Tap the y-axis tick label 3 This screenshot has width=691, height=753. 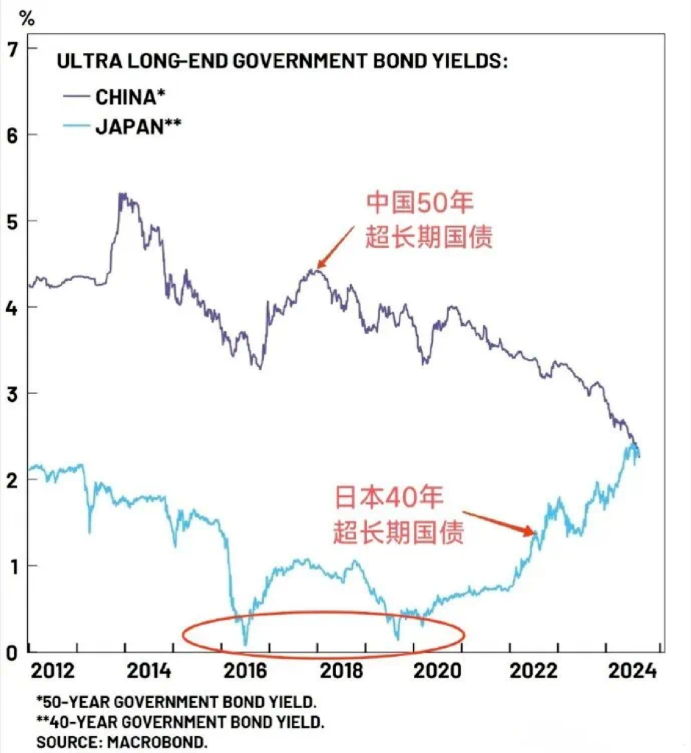pos(12,393)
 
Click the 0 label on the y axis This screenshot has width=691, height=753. pos(12,652)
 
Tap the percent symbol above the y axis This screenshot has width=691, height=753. pos(27,18)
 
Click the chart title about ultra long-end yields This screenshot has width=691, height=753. pos(282,62)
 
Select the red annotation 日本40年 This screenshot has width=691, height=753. pos(390,498)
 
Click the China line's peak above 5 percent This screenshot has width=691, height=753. pos(121,195)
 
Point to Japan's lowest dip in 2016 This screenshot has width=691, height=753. pos(246,644)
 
